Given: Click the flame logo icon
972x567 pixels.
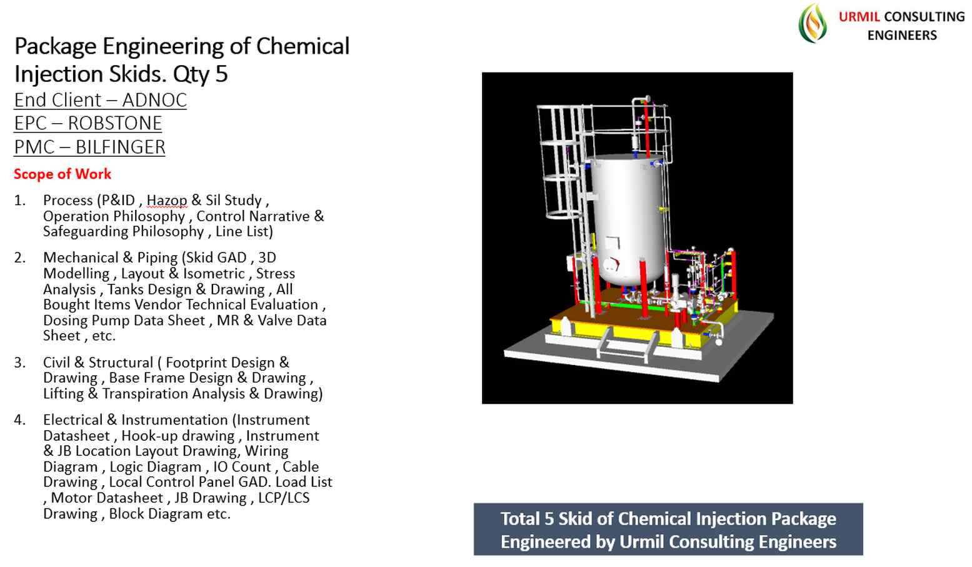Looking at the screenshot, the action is [813, 23].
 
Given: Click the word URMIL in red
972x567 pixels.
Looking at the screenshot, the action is [859, 16].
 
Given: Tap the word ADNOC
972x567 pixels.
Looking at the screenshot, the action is [154, 100].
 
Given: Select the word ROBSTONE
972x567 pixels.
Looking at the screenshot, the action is [115, 124].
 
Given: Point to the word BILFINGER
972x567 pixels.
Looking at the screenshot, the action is [121, 148].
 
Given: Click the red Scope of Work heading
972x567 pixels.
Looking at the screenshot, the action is [63, 174].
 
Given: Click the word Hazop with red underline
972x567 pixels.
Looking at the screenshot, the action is [167, 201].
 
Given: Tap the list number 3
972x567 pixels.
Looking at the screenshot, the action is [19, 363].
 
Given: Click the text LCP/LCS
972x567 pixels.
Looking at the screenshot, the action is [284, 498].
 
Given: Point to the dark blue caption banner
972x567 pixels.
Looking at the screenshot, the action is [668, 529].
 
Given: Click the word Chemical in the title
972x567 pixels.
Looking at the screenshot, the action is [303, 46].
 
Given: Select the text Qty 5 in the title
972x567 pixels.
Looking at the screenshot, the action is [201, 74].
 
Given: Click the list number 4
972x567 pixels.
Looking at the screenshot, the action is [19, 420].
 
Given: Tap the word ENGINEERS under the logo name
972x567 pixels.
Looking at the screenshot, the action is [902, 35].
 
